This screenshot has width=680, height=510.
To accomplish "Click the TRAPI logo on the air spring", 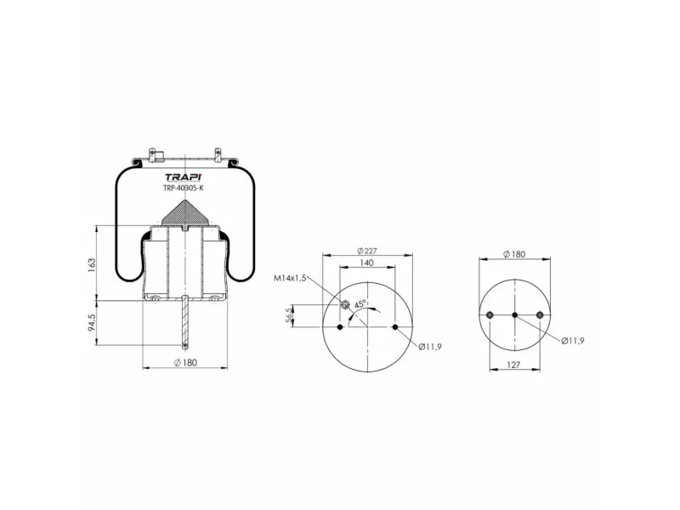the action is point(183,177).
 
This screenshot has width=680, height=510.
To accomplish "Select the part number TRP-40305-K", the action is point(183,188).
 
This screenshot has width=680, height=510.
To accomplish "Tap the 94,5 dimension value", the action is point(91,322).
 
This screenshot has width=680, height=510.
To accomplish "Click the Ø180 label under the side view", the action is point(185,363).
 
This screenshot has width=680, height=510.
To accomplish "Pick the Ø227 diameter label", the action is point(367,251).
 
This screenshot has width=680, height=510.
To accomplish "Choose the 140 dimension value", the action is point(366,263).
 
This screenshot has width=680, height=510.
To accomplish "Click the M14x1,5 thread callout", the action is point(290,278).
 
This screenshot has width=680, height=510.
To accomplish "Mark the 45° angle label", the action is point(360,304).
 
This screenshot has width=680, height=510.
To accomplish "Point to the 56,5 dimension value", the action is point(289,316).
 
